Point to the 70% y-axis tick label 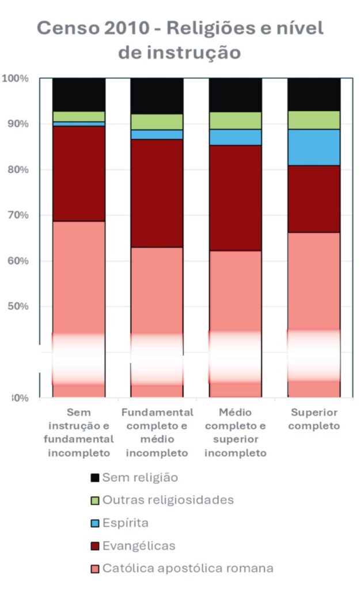[17, 215]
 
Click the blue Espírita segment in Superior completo [314, 147]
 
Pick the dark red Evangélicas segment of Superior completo [314, 199]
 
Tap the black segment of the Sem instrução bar [79, 94]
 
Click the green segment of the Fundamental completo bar [157, 122]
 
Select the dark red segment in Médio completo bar [235, 198]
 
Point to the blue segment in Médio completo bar [235, 137]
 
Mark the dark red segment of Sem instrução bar [79, 173]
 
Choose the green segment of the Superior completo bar [314, 120]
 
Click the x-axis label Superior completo [314, 419]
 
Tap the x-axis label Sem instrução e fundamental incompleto [79, 433]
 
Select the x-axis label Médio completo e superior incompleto [235, 433]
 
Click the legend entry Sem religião [140, 478]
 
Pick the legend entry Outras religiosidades [168, 500]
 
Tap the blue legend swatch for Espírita [95, 523]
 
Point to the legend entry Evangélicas [139, 546]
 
